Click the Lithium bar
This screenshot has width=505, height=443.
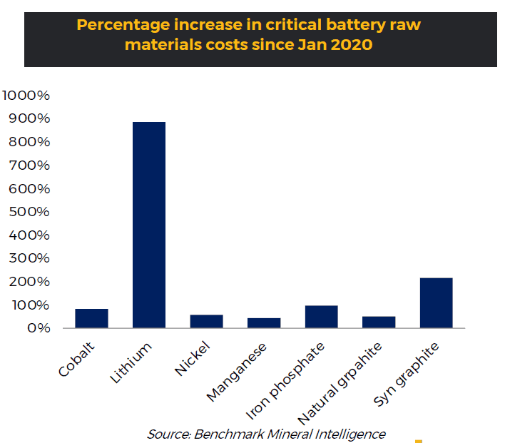click(x=149, y=225)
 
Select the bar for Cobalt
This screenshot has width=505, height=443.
click(x=92, y=318)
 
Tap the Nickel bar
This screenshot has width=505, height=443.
click(x=206, y=321)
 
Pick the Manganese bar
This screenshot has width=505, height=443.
click(x=264, y=322)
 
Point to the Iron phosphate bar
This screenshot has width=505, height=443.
click(x=321, y=317)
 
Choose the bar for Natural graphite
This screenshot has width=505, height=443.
click(x=378, y=322)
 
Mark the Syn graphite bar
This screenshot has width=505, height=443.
click(x=436, y=302)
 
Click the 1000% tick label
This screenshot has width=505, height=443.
click(x=26, y=96)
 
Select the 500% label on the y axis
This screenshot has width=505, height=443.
click(x=30, y=212)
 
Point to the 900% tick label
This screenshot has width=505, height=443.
click(x=30, y=118)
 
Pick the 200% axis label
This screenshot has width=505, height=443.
click(x=30, y=282)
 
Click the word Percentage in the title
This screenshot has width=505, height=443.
click(x=118, y=25)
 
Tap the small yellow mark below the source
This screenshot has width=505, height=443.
click(x=419, y=441)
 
